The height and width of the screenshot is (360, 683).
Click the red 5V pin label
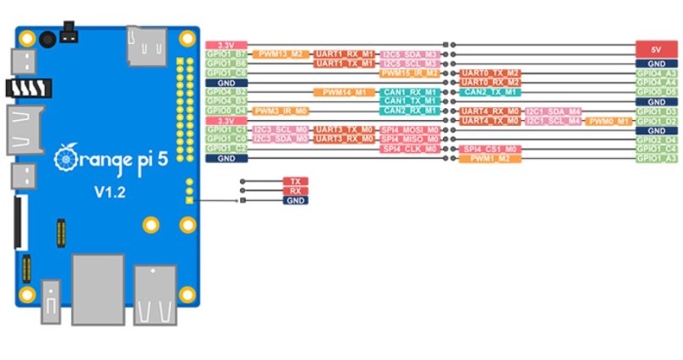pos(656,49)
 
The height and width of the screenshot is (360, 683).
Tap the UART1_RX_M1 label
pos(344,54)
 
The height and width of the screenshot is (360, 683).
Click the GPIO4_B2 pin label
pos(226,91)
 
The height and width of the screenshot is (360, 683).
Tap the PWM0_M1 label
pos(608,121)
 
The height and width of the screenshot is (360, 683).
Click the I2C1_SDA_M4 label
pos(553,111)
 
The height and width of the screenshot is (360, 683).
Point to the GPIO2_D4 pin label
pos(656,139)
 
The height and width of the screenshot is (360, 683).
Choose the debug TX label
pos(295,182)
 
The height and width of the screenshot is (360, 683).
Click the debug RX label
pos(295,191)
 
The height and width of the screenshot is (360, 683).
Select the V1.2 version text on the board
pos(109,193)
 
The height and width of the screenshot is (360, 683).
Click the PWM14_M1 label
pos(344,91)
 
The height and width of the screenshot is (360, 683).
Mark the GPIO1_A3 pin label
pos(656,158)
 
